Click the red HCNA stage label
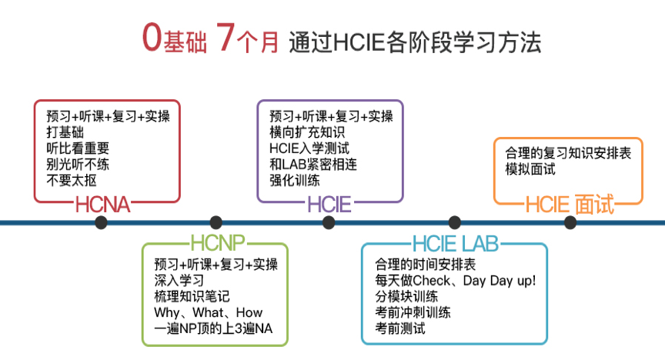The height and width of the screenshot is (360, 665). (x=102, y=205)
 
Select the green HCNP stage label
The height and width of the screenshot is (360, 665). (x=218, y=243)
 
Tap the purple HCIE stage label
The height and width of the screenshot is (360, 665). (x=329, y=205)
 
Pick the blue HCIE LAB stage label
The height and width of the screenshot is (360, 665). (x=456, y=243)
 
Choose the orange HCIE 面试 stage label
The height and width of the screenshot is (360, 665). (x=570, y=205)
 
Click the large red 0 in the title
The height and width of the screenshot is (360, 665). (x=152, y=38)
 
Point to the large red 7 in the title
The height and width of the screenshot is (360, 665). (x=226, y=37)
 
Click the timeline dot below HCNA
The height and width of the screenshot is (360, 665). (x=101, y=222)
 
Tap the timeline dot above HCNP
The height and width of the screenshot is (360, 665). (x=216, y=222)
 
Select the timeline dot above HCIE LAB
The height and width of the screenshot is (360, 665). (x=455, y=222)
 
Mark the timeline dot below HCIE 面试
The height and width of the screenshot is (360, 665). (x=570, y=222)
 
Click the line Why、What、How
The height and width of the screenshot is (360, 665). (x=209, y=312)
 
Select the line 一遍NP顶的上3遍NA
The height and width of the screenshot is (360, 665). (x=213, y=328)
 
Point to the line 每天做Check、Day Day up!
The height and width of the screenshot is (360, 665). (x=456, y=281)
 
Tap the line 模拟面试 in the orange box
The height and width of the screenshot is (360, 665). (x=530, y=169)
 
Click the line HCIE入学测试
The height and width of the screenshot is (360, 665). (x=309, y=148)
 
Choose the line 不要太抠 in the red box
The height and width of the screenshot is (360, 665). (x=72, y=180)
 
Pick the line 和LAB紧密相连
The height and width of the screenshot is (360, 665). (x=313, y=164)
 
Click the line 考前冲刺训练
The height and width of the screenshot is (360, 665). (x=413, y=312)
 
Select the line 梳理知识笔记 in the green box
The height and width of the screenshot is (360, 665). (x=192, y=296)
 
